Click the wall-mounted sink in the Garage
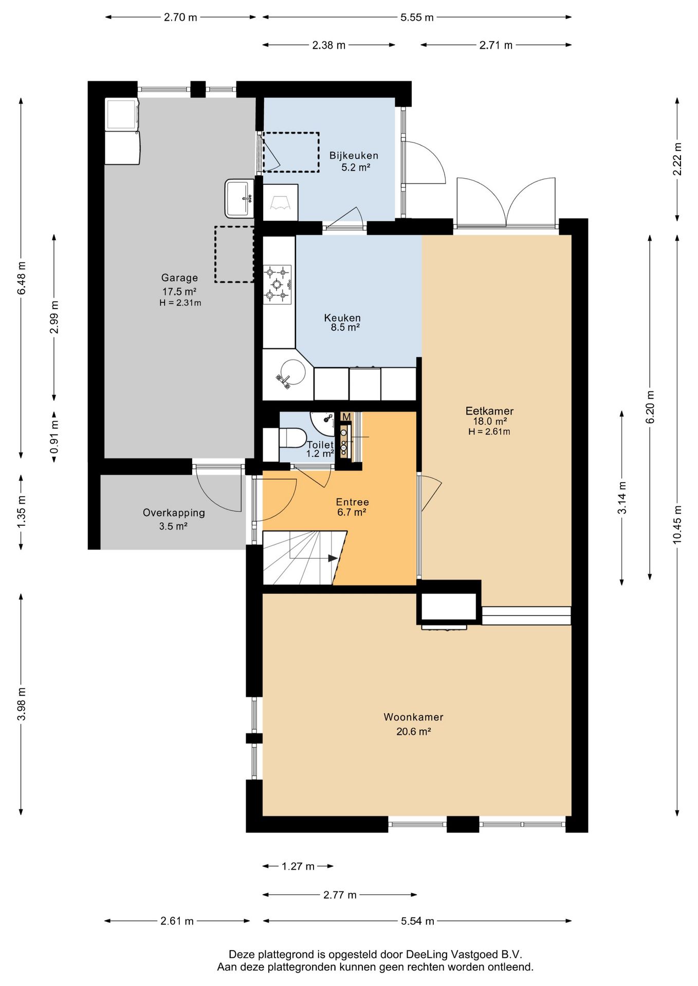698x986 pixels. coord(240,198)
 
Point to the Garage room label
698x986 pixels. coord(179,278)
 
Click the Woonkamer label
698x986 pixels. coord(413,717)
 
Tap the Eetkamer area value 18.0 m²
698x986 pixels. coord(490,421)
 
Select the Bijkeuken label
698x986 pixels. coord(354,156)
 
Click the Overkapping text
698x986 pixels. coord(174,513)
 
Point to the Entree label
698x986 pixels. coord(353,502)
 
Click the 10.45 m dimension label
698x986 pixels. coord(677,524)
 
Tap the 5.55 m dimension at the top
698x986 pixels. coord(417,17)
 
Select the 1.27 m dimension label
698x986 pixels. coord(298,866)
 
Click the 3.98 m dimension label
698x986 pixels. coord(22,704)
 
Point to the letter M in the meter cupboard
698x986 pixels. coord(346,416)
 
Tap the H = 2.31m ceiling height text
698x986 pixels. coord(180,303)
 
